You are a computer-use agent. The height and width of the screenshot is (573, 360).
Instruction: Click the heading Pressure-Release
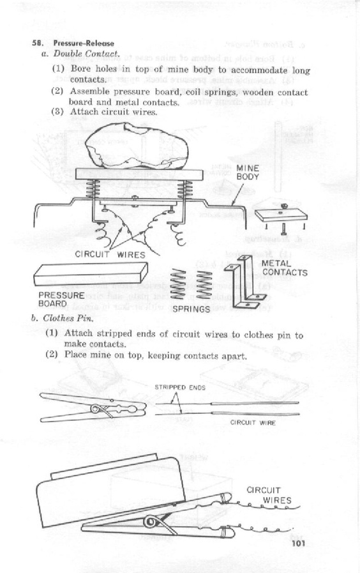(84, 43)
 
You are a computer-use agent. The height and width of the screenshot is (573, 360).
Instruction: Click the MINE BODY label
(248, 172)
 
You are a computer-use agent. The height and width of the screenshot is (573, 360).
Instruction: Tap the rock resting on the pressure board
(137, 146)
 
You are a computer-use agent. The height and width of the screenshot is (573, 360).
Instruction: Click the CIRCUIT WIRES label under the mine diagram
(110, 255)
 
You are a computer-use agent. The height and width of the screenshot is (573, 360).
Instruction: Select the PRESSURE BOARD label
(61, 300)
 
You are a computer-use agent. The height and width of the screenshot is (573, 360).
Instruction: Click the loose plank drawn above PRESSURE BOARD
(91, 274)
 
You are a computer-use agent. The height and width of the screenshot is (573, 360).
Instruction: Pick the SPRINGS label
(191, 309)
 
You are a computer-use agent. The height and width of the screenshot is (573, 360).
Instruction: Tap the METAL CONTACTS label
(285, 268)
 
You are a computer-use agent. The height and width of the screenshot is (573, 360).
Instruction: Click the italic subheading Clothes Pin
(68, 318)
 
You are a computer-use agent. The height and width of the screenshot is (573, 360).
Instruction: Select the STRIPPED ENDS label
(180, 387)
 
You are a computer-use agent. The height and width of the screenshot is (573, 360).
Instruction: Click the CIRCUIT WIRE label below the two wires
(253, 422)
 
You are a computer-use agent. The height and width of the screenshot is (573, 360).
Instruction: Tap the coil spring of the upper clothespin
(98, 409)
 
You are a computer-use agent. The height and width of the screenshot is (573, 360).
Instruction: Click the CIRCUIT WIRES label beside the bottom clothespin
(269, 495)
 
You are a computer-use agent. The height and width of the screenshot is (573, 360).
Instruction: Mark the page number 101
(298, 544)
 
